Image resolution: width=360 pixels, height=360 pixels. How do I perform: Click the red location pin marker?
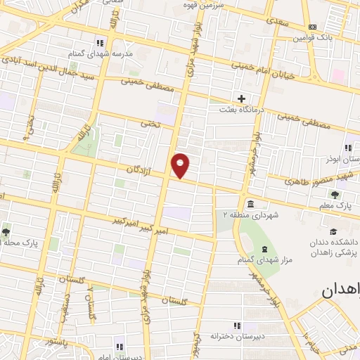coord(181,165)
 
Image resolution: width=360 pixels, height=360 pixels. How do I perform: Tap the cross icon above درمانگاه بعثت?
coord(242,98)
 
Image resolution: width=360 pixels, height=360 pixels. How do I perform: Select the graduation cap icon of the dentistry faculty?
coord(331,231)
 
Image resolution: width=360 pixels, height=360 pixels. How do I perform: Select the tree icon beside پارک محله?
coord(6,231)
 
